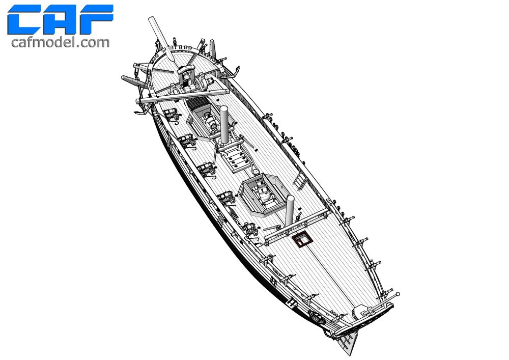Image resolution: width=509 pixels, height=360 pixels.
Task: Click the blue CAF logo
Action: point(61,19)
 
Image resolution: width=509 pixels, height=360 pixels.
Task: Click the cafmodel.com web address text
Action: point(61,43)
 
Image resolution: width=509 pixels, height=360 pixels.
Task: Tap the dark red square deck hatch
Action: point(302,240)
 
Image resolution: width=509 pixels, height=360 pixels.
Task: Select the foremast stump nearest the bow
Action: point(224,124)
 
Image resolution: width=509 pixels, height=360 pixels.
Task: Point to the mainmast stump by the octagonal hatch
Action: point(289,210)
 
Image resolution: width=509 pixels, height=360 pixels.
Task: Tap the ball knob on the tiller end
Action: point(398,294)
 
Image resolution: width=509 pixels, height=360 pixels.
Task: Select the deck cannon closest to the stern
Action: point(250,229)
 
